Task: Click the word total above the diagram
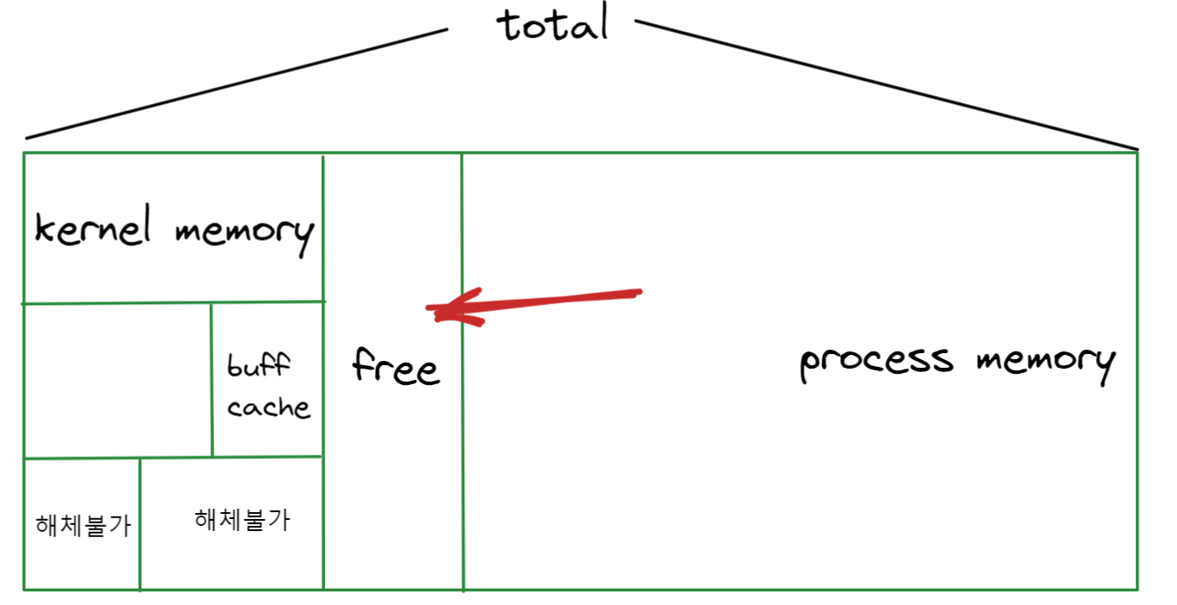(x=555, y=25)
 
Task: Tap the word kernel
(x=92, y=230)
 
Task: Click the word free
(x=395, y=368)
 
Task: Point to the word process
(x=876, y=362)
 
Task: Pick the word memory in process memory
(x=1045, y=362)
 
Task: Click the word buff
(x=259, y=367)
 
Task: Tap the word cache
(x=268, y=406)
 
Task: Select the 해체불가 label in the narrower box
(x=83, y=525)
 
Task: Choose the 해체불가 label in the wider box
(x=242, y=519)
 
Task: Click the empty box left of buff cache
(x=118, y=380)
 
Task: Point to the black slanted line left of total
(x=236, y=83)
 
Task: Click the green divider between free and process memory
(x=463, y=447)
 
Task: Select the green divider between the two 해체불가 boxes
(x=139, y=524)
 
